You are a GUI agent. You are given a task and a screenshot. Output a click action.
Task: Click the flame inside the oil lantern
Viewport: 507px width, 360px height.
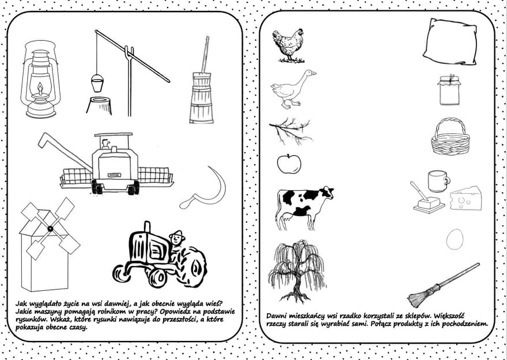coord(40,89)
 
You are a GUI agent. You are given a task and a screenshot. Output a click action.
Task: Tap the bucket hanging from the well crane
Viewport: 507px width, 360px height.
coord(97,83)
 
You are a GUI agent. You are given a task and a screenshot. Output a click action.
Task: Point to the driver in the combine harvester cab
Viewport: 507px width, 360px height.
coord(105,144)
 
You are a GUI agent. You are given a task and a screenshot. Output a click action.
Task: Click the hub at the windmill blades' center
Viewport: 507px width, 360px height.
coord(50,229)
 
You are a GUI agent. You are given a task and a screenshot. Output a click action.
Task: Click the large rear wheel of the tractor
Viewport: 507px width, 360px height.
coord(194,266)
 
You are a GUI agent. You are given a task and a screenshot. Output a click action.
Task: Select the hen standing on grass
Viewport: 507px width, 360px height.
coord(289,46)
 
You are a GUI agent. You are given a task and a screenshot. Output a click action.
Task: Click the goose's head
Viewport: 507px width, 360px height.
coord(310,74)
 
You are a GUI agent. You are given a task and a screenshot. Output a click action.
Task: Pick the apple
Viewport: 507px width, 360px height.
coord(289,164)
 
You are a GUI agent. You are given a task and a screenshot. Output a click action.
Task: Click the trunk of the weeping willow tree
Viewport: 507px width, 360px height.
coord(297,285)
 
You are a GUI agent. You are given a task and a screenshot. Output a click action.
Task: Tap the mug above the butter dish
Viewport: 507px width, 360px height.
coord(438,181)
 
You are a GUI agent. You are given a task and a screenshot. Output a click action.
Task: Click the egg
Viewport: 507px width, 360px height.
coord(455,239)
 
